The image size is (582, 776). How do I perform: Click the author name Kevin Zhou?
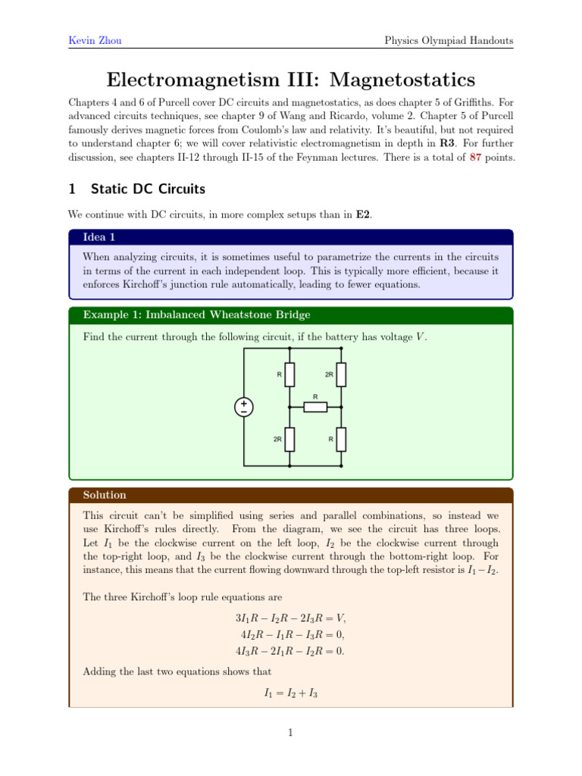click(x=95, y=40)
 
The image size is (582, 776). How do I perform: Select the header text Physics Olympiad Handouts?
click(x=449, y=40)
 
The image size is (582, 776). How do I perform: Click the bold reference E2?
click(x=362, y=214)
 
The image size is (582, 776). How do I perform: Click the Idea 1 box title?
click(x=99, y=237)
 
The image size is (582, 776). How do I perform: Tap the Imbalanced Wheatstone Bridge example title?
click(x=196, y=314)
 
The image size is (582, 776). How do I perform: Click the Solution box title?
click(x=105, y=495)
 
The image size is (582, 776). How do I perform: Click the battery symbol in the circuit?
click(x=244, y=407)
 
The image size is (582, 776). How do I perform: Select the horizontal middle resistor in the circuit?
click(x=315, y=407)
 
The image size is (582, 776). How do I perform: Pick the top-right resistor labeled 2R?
click(x=342, y=374)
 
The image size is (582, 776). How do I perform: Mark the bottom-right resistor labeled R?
click(x=342, y=439)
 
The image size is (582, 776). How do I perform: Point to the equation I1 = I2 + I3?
click(x=291, y=692)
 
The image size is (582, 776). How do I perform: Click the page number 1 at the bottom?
click(x=291, y=733)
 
